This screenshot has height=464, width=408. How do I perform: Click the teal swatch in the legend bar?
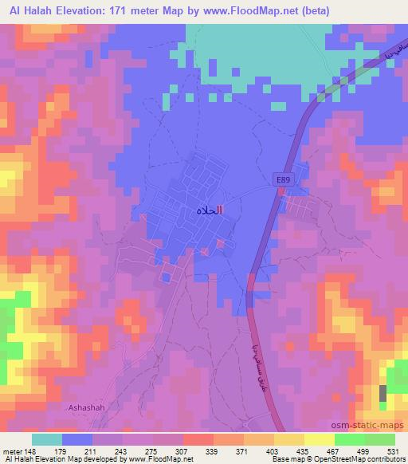(47, 438)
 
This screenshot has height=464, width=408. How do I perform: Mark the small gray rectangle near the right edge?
(383, 392)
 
